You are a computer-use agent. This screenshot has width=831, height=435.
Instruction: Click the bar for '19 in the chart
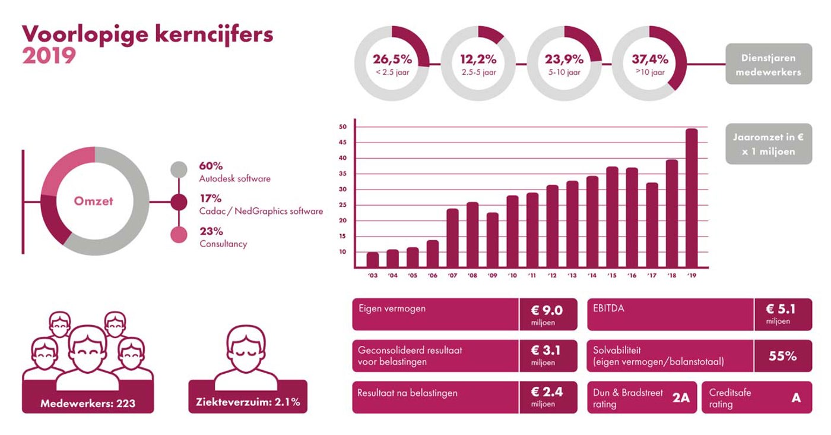(692, 198)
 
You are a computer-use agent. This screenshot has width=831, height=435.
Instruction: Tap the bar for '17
(652, 225)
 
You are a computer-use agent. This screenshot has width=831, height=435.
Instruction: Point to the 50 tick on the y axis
(342, 127)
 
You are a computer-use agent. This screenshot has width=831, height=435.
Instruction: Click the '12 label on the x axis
(552, 276)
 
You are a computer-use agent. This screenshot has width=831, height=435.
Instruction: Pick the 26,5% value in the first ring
(392, 59)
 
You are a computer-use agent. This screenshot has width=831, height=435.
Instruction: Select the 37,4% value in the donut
(649, 59)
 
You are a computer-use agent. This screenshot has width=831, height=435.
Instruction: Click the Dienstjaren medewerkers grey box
(769, 64)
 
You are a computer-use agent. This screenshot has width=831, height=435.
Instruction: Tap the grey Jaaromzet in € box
(769, 144)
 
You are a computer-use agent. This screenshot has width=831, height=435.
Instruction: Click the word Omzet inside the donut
(93, 201)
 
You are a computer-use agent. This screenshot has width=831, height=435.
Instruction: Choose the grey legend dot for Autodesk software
(179, 170)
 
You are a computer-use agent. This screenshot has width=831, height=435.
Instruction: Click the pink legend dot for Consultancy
(179, 235)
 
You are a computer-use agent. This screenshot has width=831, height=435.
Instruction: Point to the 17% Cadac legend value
(211, 198)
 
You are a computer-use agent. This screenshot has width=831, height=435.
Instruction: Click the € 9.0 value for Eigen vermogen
(546, 310)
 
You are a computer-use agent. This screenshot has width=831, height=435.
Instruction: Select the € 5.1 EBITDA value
(781, 309)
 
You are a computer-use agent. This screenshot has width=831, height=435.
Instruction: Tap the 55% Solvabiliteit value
(782, 356)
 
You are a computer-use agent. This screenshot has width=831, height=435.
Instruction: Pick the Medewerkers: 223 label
(87, 404)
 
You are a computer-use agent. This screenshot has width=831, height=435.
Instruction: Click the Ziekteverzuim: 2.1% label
(248, 402)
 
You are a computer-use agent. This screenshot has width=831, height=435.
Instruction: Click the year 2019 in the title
(49, 56)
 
